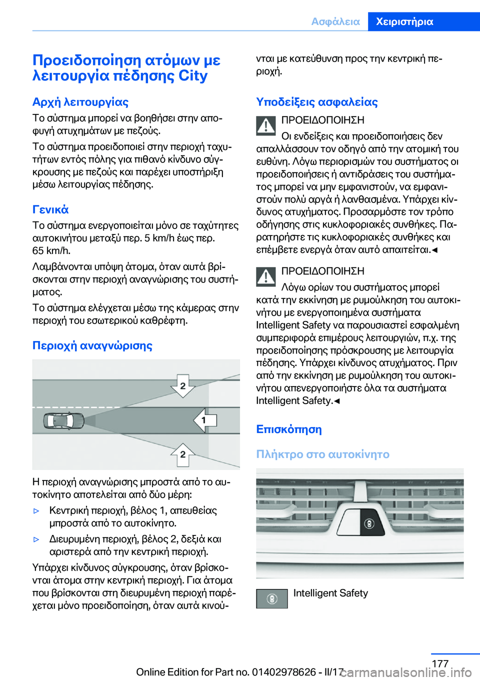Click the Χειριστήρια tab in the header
point(404,21)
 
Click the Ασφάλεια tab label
point(335,21)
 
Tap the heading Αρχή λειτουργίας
point(80,102)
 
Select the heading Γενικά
point(50,209)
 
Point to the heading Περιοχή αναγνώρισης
point(92,345)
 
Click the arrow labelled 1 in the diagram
point(205,420)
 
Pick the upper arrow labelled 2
point(183,385)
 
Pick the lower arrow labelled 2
point(183,454)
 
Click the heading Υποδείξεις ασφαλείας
point(317,102)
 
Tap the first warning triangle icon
point(266,125)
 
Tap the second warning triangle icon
point(266,276)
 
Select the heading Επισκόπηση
point(289,429)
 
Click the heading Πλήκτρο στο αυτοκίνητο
point(322,454)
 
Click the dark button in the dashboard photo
point(369,523)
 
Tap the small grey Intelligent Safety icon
point(272,598)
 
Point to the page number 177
point(440,663)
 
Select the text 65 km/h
point(51,250)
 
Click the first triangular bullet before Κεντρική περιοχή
point(36,511)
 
